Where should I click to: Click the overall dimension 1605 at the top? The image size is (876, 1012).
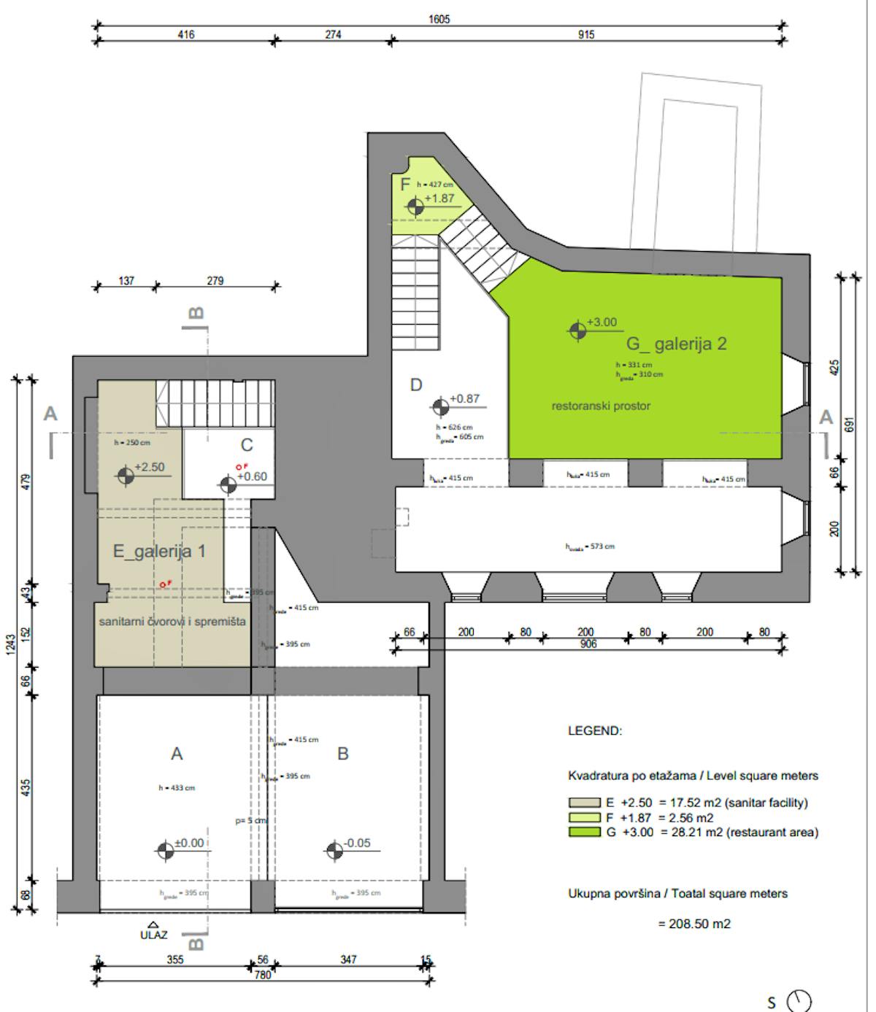click(439, 20)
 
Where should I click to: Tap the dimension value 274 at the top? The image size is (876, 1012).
click(333, 34)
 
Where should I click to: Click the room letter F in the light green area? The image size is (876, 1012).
click(405, 185)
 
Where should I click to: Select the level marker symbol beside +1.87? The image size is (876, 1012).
click(415, 207)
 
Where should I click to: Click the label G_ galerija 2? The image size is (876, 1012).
click(677, 344)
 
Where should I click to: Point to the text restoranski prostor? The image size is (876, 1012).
click(600, 406)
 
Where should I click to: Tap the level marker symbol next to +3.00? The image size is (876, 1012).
click(577, 331)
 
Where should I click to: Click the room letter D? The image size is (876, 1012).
click(415, 385)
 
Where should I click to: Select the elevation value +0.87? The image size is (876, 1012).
click(465, 398)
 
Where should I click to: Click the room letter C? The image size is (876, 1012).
click(247, 445)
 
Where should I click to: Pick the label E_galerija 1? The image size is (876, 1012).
click(158, 551)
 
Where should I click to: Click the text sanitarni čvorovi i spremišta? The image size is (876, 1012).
click(172, 622)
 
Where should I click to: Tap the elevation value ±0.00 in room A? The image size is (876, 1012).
click(190, 843)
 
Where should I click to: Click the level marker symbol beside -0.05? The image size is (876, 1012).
click(334, 850)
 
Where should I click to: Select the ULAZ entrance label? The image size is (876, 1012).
click(153, 934)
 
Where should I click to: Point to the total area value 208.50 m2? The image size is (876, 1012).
click(693, 924)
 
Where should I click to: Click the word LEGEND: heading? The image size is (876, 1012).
click(595, 730)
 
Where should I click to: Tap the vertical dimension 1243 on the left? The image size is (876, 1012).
click(9, 644)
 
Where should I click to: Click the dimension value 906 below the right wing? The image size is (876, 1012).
click(588, 644)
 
